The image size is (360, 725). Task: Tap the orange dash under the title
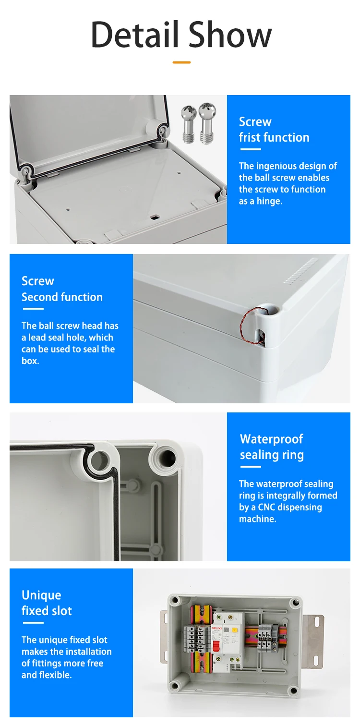click(x=181, y=62)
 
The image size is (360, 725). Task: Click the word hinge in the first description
click(x=269, y=201)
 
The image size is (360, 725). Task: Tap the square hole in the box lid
click(x=155, y=217)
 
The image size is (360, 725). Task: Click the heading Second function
click(x=62, y=297)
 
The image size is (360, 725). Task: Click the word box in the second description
click(x=30, y=361)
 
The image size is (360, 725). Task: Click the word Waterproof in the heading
click(x=271, y=439)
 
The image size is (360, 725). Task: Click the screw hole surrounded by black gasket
click(x=99, y=461)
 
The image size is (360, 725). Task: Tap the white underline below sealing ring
click(x=250, y=466)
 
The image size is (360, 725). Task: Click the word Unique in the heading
click(x=41, y=595)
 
